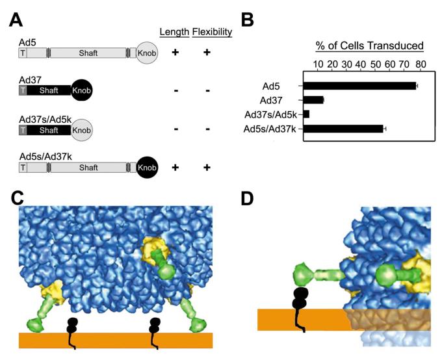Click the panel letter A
coord(18,19)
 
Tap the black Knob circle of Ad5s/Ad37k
coord(148,168)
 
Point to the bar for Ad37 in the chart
coord(313,99)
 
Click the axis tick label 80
coord(421,64)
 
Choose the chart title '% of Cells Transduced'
coord(369,45)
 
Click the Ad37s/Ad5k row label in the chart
coord(272,114)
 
